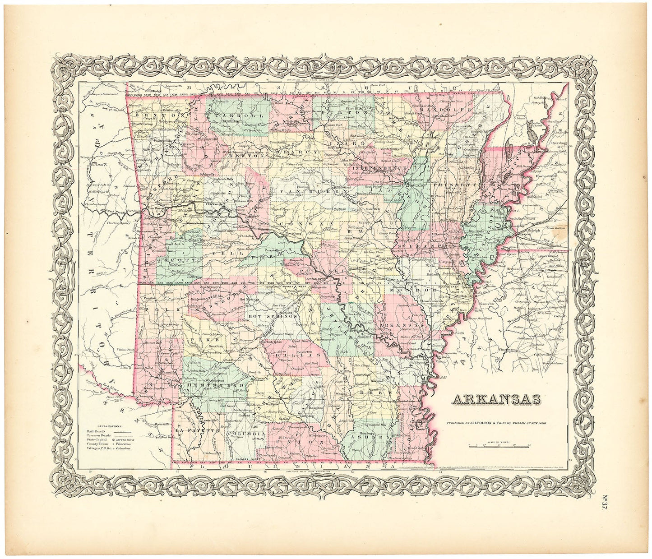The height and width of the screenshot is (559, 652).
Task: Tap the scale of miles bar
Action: coord(499,446)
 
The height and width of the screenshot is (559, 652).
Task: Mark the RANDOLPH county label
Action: coord(439,109)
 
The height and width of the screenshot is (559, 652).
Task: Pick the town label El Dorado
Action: coord(286,438)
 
